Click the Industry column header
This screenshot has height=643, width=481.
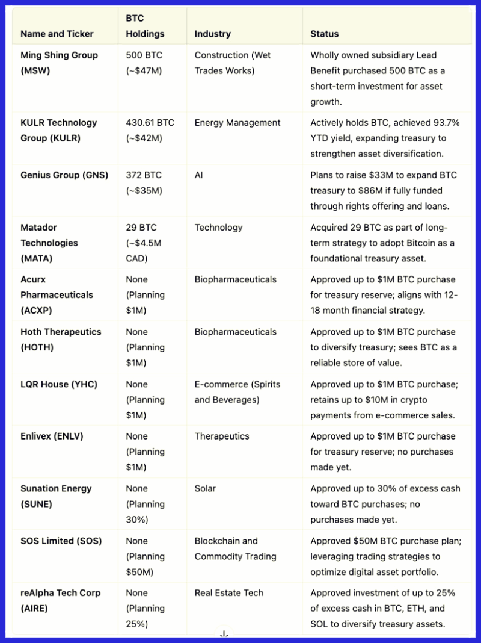[212, 34]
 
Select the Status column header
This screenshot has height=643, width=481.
[324, 34]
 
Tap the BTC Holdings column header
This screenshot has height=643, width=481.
[144, 26]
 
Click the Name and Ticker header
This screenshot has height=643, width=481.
[57, 34]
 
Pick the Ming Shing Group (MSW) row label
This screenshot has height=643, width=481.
[59, 63]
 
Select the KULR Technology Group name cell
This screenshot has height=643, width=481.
[58, 130]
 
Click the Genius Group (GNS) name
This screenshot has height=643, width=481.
[64, 175]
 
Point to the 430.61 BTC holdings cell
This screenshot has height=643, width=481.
[150, 130]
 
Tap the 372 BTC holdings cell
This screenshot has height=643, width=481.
[144, 182]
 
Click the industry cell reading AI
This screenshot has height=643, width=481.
[200, 175]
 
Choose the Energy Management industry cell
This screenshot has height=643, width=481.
[237, 123]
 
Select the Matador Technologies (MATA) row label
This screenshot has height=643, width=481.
[49, 243]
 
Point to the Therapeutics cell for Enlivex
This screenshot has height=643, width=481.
[221, 436]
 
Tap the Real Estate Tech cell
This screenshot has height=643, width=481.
[228, 592]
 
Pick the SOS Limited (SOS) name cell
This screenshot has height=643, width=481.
[61, 541]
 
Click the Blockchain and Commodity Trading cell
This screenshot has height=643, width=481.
[235, 548]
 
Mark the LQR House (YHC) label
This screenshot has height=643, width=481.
[58, 384]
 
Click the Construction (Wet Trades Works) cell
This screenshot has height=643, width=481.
[232, 63]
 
